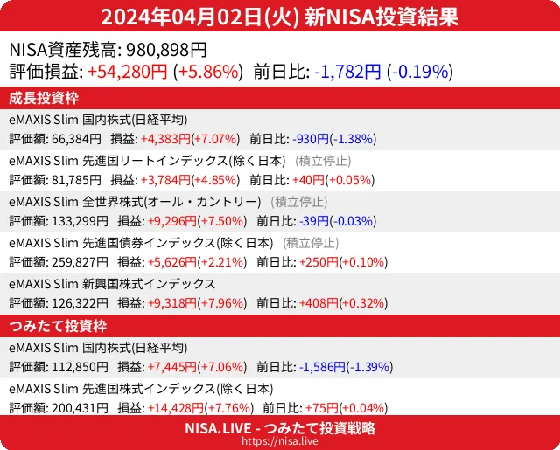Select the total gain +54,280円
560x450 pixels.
[x=128, y=72]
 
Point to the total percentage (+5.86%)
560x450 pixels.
[x=206, y=72]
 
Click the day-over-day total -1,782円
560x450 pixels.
[x=346, y=72]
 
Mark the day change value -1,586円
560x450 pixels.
[x=323, y=367]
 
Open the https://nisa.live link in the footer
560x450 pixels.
[x=280, y=442]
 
